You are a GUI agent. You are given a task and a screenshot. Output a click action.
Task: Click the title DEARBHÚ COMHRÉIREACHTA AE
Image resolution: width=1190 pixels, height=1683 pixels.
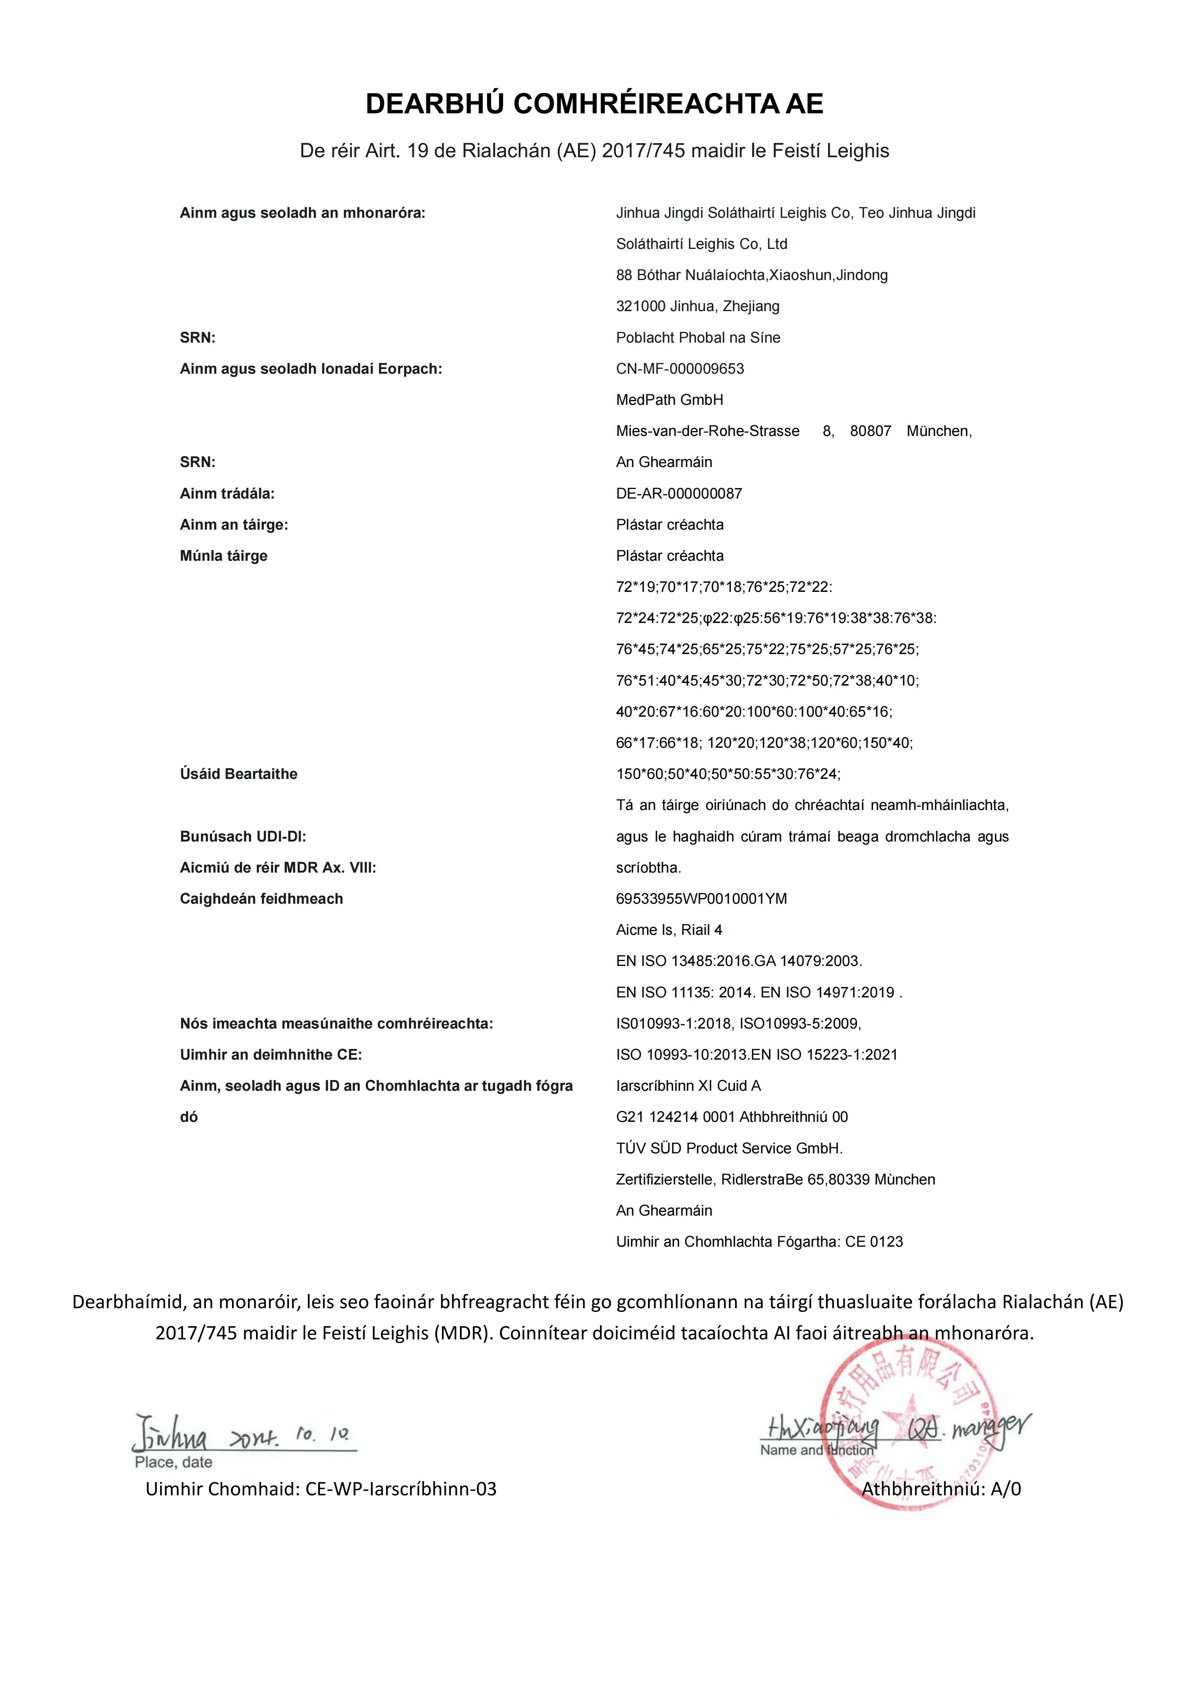(594, 104)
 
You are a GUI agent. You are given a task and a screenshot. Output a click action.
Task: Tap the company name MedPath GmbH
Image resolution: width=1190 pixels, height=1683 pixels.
(669, 400)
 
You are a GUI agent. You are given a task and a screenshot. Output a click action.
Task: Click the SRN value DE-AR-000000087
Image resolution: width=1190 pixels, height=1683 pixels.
(678, 493)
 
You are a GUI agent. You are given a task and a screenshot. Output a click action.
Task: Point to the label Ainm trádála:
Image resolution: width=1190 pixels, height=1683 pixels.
(227, 493)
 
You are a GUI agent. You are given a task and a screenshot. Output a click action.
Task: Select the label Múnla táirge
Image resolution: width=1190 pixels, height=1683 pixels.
(223, 556)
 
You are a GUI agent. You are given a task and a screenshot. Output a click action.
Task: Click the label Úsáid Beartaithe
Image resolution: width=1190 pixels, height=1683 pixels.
(238, 774)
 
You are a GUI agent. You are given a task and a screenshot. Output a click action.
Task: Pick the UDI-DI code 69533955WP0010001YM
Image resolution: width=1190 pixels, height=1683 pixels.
(701, 899)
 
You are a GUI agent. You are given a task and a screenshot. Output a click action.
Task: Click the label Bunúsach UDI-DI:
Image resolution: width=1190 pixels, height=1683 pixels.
(242, 836)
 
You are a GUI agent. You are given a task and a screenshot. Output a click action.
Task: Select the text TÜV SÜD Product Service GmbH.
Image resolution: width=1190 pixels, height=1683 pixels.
(729, 1148)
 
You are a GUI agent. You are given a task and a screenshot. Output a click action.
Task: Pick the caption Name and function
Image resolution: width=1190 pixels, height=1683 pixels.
(816, 1450)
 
